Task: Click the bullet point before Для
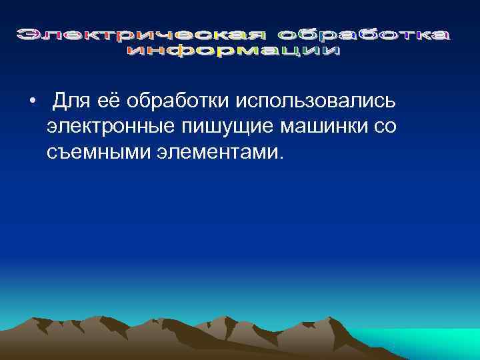(x=31, y=101)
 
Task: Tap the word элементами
(x=220, y=153)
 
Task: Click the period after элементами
(x=281, y=157)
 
